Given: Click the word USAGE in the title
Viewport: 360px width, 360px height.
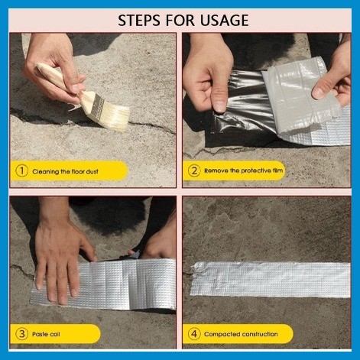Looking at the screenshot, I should point(221,20).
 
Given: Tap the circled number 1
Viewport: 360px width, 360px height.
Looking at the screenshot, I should point(21,172).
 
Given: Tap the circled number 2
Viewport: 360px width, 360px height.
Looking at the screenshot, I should point(194,172).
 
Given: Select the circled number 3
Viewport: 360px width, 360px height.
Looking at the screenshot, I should point(21,333).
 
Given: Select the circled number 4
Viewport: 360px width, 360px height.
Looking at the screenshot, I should point(194,333).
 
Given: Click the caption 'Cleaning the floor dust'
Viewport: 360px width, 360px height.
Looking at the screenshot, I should point(64,172).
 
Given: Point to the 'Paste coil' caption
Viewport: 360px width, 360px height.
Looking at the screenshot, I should point(47,333).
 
